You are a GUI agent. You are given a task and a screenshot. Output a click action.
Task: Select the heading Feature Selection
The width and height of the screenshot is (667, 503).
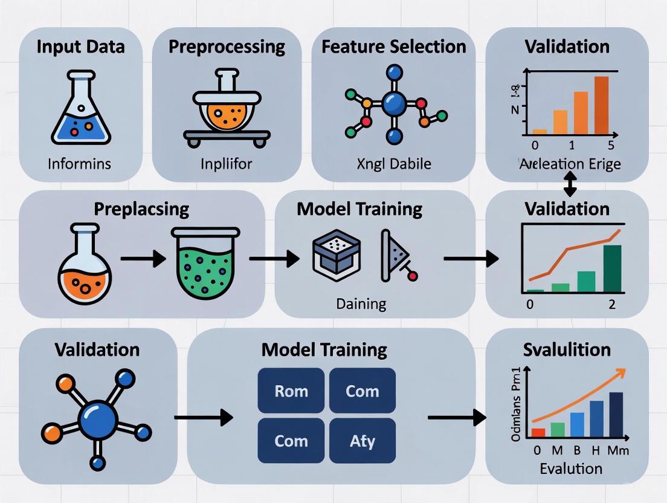click(393, 47)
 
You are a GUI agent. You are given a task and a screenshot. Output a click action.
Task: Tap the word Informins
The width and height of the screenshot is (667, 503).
click(80, 163)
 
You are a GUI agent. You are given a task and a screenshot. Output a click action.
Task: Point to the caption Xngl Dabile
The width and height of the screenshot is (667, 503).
click(393, 163)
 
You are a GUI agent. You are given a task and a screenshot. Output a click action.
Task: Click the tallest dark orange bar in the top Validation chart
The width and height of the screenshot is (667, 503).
click(602, 104)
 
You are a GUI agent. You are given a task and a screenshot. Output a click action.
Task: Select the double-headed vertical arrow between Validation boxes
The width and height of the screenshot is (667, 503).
click(569, 183)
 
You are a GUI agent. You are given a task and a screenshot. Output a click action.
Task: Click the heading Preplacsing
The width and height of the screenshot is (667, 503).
click(141, 209)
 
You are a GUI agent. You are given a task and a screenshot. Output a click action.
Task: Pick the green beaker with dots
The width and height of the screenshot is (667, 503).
click(202, 262)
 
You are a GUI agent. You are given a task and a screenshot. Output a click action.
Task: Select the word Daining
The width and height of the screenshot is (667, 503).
click(361, 303)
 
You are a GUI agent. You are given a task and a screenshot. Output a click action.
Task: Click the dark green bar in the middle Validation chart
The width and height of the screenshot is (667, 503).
click(612, 268)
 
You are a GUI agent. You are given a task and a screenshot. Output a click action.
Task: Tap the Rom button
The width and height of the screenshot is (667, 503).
click(291, 391)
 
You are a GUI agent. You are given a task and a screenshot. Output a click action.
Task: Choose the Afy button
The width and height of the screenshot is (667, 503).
click(362, 441)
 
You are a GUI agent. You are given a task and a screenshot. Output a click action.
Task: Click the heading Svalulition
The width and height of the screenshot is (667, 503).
click(567, 349)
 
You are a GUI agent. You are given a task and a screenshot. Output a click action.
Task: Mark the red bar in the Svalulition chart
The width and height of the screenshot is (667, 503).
click(538, 432)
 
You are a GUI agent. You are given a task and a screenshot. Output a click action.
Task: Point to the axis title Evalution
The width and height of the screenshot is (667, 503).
click(571, 468)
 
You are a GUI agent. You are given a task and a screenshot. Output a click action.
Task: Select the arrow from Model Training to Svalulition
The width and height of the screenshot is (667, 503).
click(457, 417)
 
